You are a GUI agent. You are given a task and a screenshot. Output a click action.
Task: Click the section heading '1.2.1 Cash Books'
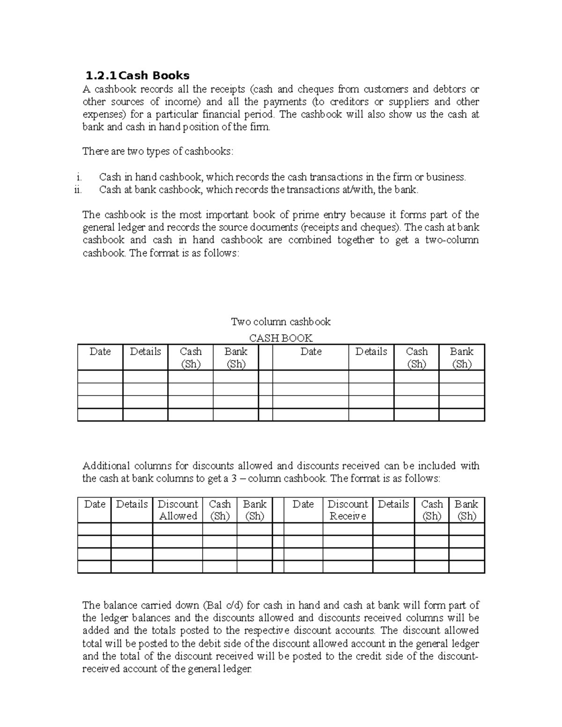point(137,75)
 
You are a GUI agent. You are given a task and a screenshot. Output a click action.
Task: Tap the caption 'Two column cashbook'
point(281,322)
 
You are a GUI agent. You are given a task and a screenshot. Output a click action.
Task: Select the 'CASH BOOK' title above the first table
point(281,338)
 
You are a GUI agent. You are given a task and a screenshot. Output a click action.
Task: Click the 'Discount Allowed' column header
point(177,510)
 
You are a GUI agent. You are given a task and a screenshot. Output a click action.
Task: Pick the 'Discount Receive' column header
point(348,510)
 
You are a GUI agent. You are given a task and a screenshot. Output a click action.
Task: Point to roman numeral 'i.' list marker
point(79,177)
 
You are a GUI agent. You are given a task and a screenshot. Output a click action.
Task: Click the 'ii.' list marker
point(78,190)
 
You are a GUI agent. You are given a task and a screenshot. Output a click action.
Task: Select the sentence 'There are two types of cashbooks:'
point(157,152)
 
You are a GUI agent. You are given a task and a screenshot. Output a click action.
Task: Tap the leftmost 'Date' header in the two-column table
point(100,352)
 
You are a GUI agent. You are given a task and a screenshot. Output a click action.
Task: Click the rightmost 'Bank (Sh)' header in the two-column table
point(461,358)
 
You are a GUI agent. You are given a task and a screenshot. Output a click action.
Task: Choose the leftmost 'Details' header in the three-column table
point(132,504)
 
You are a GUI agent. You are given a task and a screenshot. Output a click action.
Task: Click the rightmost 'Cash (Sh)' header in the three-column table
point(431,510)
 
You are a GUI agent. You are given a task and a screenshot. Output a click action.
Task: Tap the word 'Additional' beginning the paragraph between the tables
point(106,466)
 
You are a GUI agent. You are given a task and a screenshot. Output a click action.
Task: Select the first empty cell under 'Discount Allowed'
point(177,529)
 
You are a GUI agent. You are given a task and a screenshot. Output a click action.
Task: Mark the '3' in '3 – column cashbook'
point(238,478)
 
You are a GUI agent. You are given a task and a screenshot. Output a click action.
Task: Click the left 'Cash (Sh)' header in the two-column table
point(190,358)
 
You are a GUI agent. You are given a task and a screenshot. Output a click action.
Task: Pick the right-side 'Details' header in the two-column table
point(371,352)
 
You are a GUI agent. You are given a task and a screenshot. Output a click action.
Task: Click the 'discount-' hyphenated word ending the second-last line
point(458,656)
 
